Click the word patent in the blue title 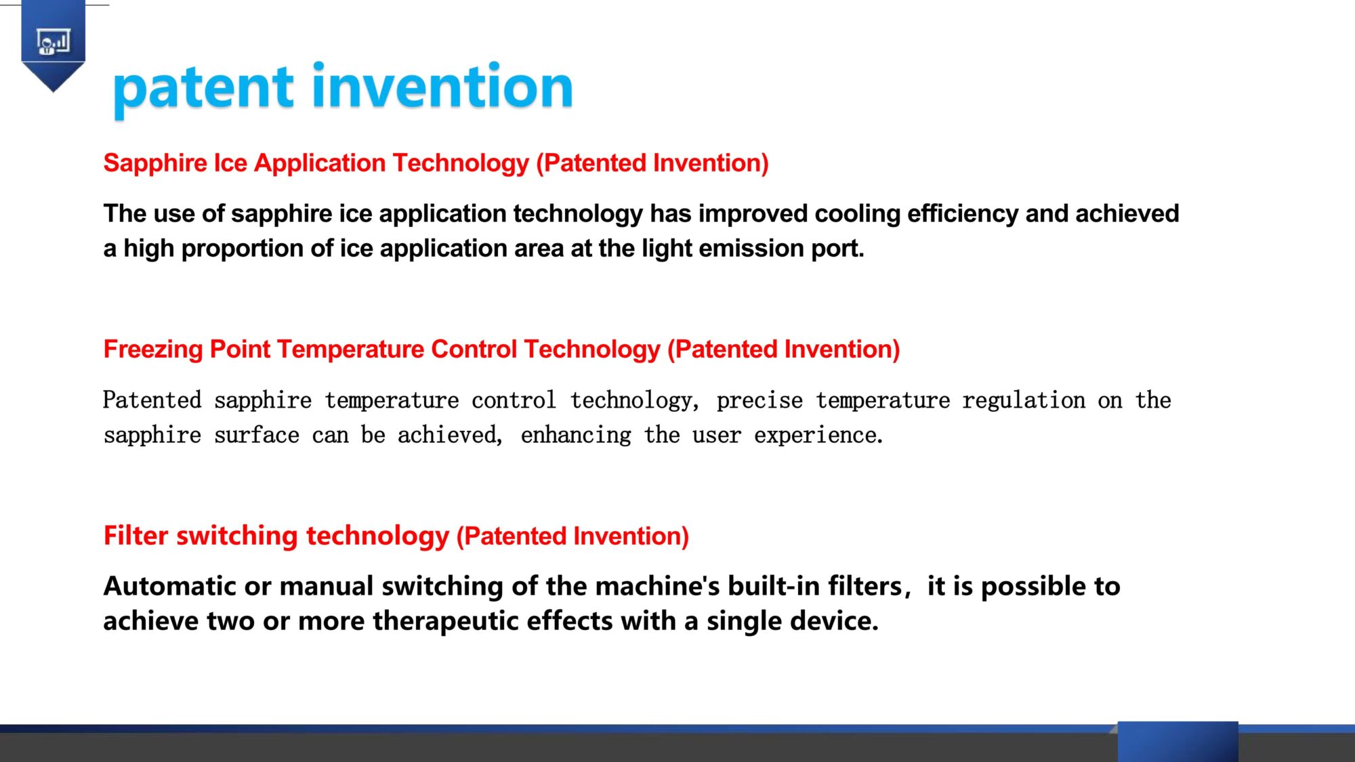point(203,88)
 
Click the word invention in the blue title point(442,85)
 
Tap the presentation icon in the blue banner point(53,42)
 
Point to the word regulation point(1024,401)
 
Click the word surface point(257,436)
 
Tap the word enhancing point(576,436)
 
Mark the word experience point(818,436)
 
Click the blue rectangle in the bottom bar point(1177,742)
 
